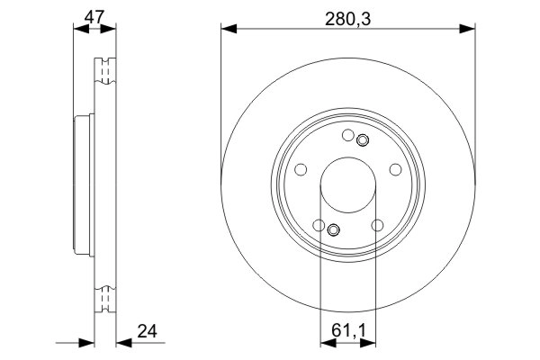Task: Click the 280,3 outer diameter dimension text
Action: tap(348, 14)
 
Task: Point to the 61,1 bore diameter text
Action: tap(348, 329)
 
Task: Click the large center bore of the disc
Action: tap(348, 184)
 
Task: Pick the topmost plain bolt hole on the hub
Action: tap(348, 136)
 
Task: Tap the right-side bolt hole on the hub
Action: tap(394, 169)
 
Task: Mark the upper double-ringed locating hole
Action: tap(363, 140)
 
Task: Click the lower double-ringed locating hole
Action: tap(334, 229)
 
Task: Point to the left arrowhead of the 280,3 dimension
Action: tap(228, 30)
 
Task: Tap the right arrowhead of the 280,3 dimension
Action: tap(468, 30)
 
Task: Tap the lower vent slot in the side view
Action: tap(105, 297)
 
